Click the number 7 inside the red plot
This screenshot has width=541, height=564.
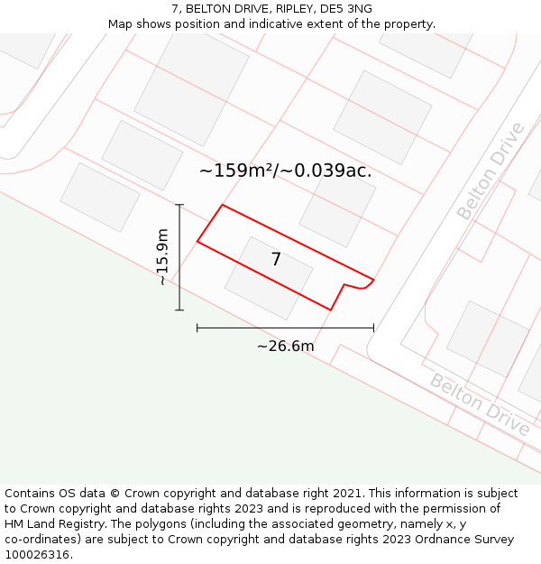tap(276, 260)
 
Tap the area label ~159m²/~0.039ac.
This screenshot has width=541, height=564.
tap(285, 171)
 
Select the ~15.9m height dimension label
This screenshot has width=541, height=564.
tap(162, 257)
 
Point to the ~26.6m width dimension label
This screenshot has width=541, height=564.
tap(285, 347)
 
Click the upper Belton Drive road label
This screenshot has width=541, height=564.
tap(491, 171)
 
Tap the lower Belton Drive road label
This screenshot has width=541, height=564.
tap(480, 404)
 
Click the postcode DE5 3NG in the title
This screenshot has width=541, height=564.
tap(347, 9)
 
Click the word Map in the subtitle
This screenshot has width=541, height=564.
tap(121, 24)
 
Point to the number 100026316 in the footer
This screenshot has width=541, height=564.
tap(35, 555)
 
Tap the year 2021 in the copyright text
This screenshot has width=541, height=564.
tap(348, 494)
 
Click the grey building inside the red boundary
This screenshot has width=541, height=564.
tap(269, 278)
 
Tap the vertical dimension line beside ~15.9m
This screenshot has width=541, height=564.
tap(179, 257)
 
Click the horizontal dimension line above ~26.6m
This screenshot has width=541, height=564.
tap(285, 328)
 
